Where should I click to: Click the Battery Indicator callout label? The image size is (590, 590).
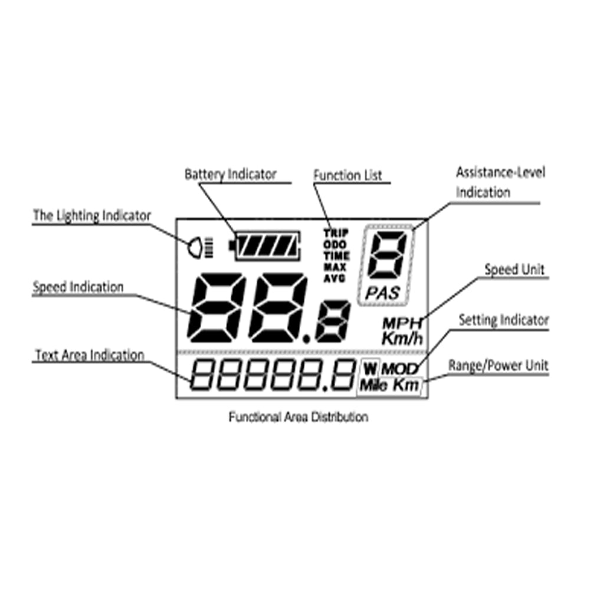click(x=230, y=175)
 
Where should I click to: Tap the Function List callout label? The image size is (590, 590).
click(x=348, y=175)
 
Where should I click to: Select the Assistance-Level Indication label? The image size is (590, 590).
click(x=500, y=182)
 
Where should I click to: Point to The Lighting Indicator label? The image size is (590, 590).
click(x=91, y=215)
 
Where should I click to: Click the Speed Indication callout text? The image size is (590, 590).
click(x=78, y=287)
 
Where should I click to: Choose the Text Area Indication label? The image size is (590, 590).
click(x=90, y=355)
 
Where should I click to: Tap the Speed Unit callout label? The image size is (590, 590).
click(x=514, y=270)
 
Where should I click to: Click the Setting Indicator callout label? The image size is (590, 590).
click(x=503, y=320)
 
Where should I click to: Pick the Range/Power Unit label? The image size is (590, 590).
click(x=498, y=366)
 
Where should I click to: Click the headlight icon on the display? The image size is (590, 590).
click(x=196, y=248)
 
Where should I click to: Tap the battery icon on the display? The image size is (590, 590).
click(x=265, y=245)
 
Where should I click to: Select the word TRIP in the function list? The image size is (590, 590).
click(x=336, y=232)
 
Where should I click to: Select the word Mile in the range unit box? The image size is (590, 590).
click(x=373, y=385)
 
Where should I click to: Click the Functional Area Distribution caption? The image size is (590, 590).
click(x=298, y=417)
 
